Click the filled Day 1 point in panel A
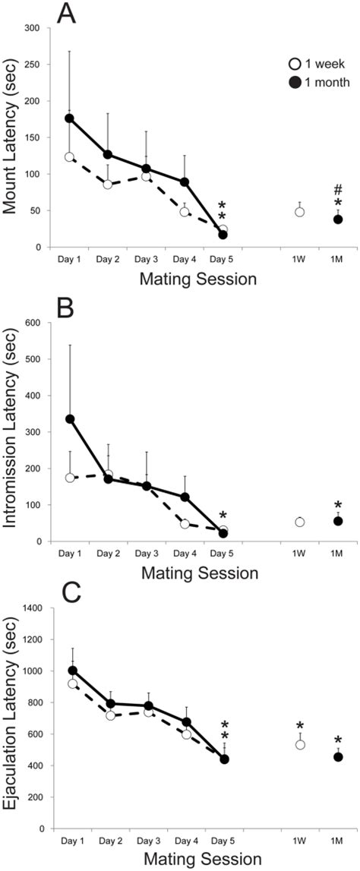pos(70,118)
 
